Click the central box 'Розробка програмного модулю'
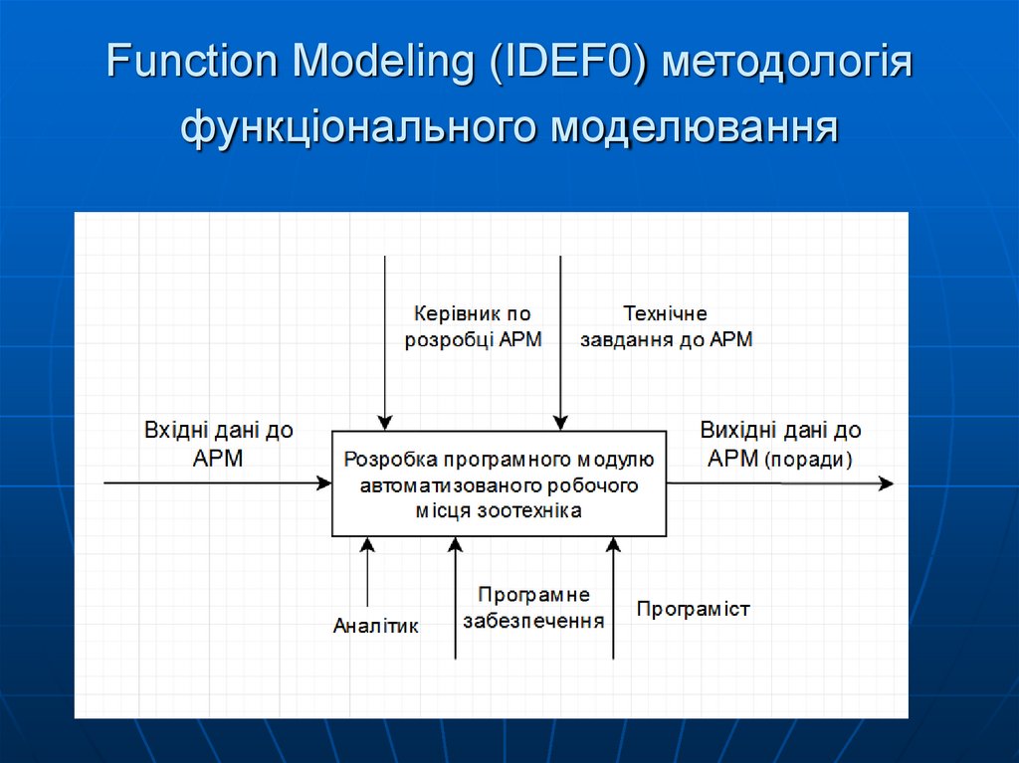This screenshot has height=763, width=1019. (499, 483)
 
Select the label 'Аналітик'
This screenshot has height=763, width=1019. (376, 626)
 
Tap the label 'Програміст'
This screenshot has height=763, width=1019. (693, 608)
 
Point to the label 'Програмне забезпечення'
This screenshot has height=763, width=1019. (533, 608)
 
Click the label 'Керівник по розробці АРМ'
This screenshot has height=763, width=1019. (474, 326)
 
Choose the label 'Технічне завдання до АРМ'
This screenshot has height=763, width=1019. (666, 326)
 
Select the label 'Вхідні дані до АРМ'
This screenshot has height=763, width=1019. (219, 444)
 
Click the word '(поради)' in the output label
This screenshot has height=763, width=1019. (809, 460)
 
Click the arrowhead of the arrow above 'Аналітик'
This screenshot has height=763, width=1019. (367, 545)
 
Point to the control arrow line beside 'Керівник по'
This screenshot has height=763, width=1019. (384, 338)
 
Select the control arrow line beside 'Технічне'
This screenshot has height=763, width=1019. (560, 338)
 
